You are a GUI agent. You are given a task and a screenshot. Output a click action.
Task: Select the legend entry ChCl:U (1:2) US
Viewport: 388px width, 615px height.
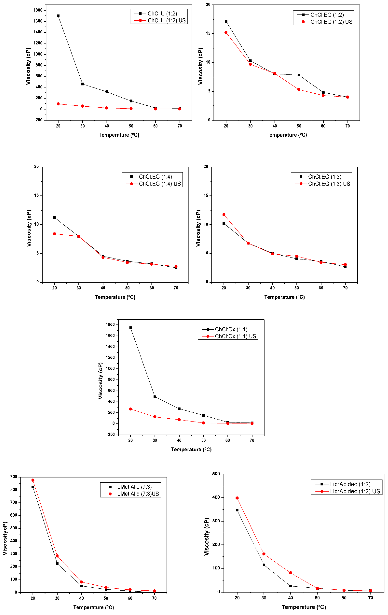point(166,20)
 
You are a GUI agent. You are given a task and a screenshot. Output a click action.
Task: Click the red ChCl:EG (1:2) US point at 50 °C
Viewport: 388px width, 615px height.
point(299,90)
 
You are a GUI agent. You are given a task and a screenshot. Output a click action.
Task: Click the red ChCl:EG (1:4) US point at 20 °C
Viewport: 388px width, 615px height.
point(54,234)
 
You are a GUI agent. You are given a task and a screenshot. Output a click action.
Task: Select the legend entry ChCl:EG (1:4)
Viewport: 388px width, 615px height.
point(155,177)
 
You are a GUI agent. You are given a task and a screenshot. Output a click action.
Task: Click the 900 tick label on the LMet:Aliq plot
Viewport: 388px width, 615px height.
point(14,477)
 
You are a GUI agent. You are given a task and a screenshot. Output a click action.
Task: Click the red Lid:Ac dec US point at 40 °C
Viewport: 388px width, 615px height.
point(290,573)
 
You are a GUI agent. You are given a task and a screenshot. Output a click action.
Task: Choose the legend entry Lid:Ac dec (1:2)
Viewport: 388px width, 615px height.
point(350,484)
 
